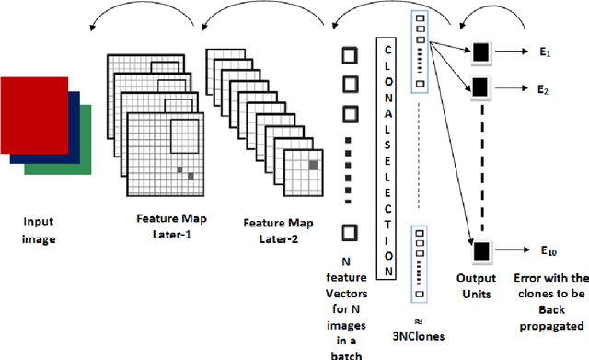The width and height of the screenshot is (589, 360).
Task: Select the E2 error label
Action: click(544, 91)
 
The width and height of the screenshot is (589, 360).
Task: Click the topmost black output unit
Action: click(479, 55)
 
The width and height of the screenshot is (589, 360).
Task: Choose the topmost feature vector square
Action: click(350, 54)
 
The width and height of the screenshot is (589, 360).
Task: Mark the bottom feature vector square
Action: click(350, 232)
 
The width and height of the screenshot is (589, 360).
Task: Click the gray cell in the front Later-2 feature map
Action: click(314, 164)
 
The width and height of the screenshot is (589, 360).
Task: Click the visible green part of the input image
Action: click(85, 152)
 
